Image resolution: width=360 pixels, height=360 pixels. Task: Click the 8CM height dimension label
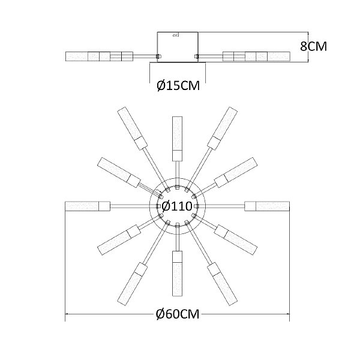(x=313, y=46)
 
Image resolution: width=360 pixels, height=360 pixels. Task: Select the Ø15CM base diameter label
(x=178, y=86)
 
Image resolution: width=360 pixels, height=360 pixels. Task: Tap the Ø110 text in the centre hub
(x=177, y=206)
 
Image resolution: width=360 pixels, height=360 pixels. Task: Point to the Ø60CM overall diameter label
(x=178, y=314)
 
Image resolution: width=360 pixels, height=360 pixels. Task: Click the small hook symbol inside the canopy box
(x=176, y=35)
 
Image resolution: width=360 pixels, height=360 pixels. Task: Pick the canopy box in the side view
(x=178, y=47)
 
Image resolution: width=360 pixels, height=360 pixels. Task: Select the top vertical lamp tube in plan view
(x=177, y=139)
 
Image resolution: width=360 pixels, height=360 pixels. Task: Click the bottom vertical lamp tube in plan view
(x=177, y=273)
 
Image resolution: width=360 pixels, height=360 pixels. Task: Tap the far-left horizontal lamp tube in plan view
(x=88, y=206)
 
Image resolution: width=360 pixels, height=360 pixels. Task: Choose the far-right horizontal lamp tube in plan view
(x=267, y=206)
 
